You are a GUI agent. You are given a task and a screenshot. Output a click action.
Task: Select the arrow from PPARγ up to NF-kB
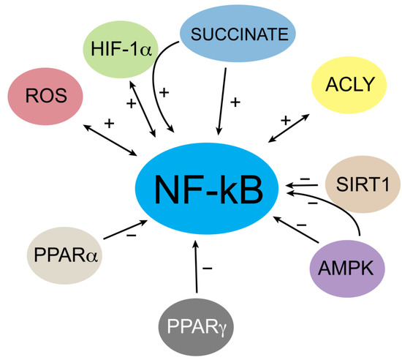(195, 271)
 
